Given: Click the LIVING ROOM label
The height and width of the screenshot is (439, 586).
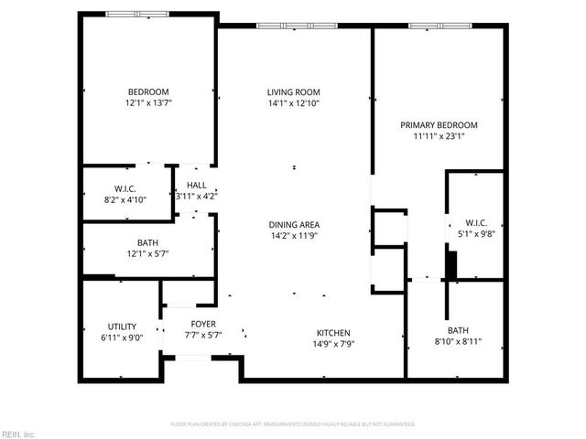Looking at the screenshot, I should (x=294, y=92).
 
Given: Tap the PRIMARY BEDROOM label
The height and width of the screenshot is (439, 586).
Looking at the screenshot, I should (x=439, y=124).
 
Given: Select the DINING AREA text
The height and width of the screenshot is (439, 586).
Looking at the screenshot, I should (x=294, y=224).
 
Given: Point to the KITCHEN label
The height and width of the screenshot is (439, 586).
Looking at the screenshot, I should (x=333, y=332).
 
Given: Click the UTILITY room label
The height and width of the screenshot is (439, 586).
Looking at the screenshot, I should (x=122, y=327).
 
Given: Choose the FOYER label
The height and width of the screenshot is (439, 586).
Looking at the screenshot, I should (x=202, y=324).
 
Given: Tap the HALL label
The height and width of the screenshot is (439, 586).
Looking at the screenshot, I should (x=196, y=185).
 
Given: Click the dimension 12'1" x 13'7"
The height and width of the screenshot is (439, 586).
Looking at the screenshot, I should (x=148, y=103).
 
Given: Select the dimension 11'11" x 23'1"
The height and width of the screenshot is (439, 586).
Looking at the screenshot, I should (x=439, y=136).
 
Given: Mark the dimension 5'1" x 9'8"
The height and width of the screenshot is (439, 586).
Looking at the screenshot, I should (x=476, y=232).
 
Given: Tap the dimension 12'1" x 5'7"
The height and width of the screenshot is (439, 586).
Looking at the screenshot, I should (x=148, y=254).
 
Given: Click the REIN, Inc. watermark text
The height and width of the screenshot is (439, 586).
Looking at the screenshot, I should (x=17, y=434).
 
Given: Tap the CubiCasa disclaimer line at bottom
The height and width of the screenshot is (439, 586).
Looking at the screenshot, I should (x=293, y=424).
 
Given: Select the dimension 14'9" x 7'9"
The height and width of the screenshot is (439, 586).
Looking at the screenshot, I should (x=333, y=344).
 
